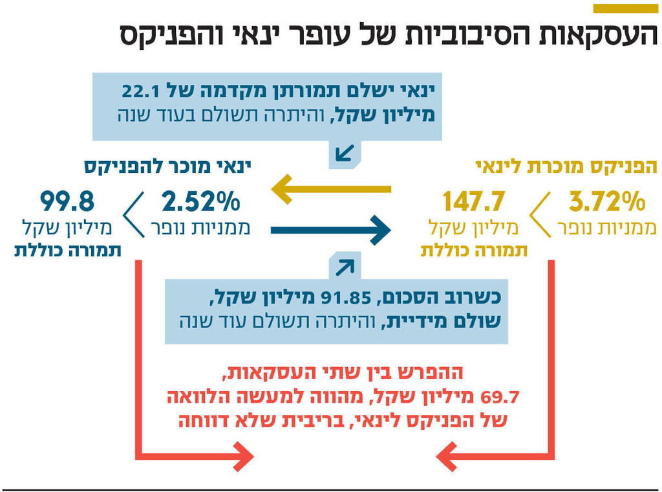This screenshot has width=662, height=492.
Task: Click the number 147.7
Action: coord(474,202)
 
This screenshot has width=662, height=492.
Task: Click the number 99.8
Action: coord(67,202)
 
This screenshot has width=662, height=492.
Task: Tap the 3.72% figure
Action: coord(607,202)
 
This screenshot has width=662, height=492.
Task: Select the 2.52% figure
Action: coord(200,202)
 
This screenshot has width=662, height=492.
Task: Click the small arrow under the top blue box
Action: coord(345,154)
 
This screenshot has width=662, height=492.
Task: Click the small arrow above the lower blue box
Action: coord(345,266)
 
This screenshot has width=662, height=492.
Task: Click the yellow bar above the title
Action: coord(625,8)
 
